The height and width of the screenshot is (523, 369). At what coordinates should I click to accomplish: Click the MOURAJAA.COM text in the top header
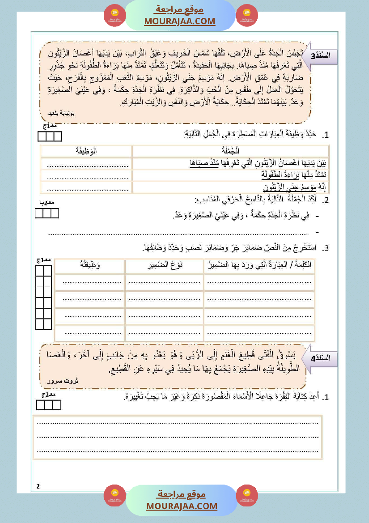click(179, 21)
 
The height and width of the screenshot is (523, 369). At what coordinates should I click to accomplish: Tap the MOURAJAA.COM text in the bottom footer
click(182, 506)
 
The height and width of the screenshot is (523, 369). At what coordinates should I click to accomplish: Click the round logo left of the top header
click(115, 16)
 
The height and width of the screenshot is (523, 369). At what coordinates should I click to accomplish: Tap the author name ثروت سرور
click(63, 381)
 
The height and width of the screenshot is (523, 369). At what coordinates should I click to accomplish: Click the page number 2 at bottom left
click(38, 486)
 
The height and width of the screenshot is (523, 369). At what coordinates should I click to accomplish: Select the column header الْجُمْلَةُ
click(231, 151)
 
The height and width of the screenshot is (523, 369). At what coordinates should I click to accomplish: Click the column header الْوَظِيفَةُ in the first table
click(87, 151)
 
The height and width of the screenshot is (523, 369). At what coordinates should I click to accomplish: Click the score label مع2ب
click(47, 203)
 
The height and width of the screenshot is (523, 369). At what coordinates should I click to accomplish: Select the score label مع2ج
click(48, 395)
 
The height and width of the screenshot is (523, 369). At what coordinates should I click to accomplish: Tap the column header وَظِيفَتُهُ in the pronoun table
click(89, 265)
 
